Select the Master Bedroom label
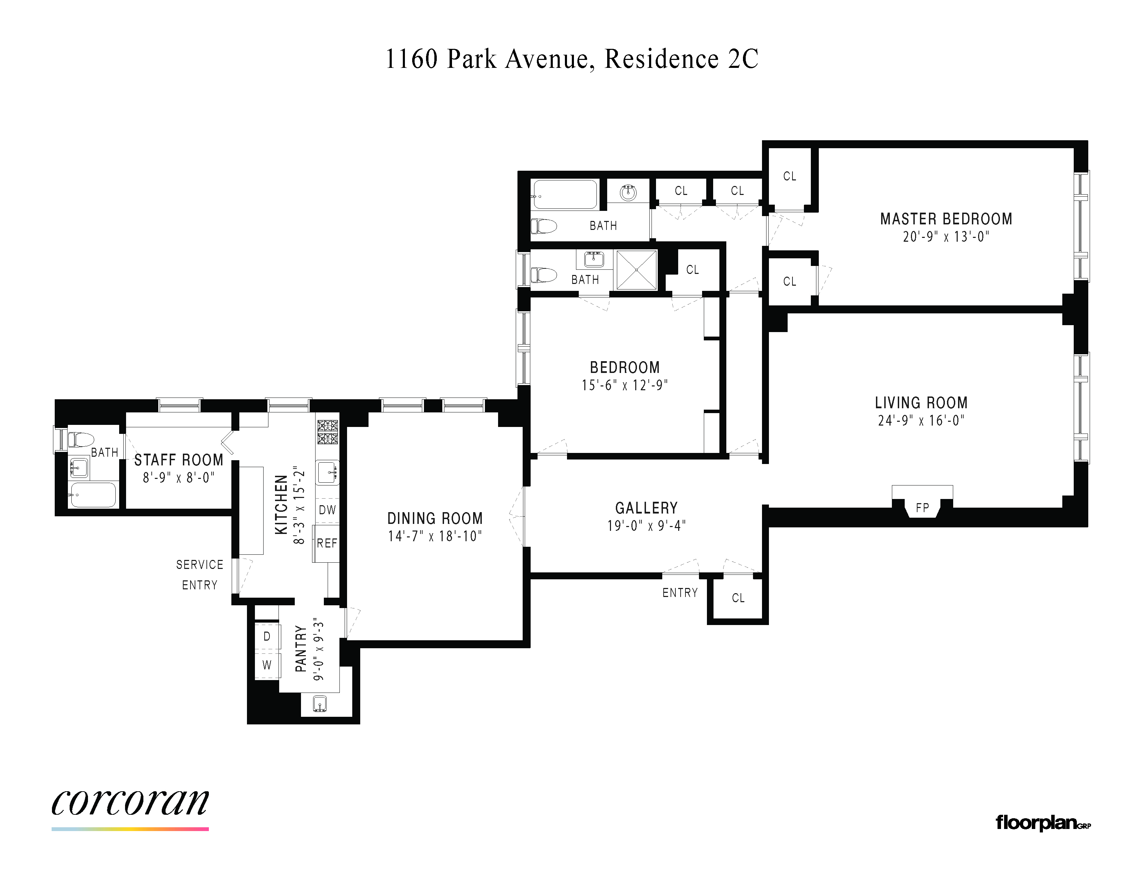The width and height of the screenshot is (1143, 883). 946,218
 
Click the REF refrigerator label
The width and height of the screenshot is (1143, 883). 327,543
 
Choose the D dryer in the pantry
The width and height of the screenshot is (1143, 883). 267,636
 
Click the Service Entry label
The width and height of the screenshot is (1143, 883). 200,575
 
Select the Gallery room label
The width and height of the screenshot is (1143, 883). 646,508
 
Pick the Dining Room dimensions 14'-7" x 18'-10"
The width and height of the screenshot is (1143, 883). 435,536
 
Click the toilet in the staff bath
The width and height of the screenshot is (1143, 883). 81,439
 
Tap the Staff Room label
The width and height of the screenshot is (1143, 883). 179,460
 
